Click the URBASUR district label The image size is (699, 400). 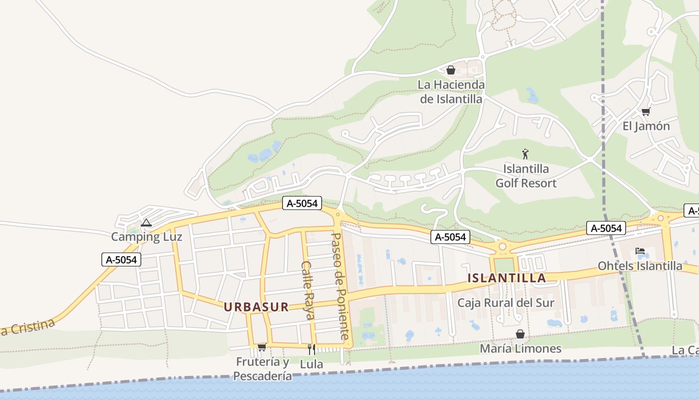click(x=256, y=307)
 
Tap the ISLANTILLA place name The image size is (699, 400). click(x=507, y=278)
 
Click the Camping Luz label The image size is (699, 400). click(x=146, y=236)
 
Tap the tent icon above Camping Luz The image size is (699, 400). click(x=146, y=222)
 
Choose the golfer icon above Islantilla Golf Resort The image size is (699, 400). click(x=525, y=154)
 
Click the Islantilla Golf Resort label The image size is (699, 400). click(x=526, y=176)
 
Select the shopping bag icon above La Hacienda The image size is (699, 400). click(x=451, y=70)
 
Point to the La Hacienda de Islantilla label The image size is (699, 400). click(x=451, y=92)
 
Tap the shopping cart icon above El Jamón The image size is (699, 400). click(x=646, y=111)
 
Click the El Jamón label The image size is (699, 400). click(x=646, y=126)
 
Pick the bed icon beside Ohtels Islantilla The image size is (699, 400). click(x=640, y=251)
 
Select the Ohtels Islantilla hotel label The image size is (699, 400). click(x=640, y=265)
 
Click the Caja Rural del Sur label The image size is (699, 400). click(x=506, y=302)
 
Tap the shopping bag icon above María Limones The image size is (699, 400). click(x=520, y=334)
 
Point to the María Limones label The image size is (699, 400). click(x=520, y=348)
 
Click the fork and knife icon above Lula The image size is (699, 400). click(x=311, y=349)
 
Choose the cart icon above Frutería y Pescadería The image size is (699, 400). click(x=262, y=347)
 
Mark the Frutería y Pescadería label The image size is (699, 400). click(x=263, y=368)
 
